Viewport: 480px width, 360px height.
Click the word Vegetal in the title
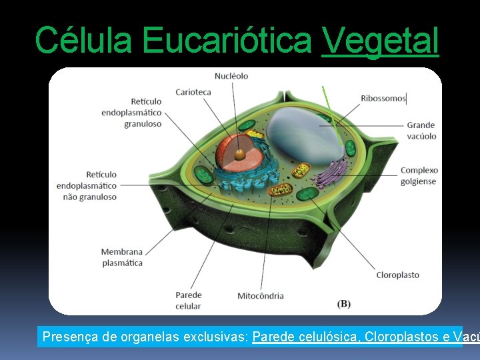coord(380,40)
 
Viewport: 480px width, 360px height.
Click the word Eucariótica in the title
coord(227,40)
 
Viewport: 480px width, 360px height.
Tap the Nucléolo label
coord(231,76)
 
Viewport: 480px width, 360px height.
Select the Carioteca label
coord(193,92)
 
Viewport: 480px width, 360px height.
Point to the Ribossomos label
coord(383,99)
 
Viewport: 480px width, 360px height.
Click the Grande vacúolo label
coord(421,131)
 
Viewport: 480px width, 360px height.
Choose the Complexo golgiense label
coord(419,175)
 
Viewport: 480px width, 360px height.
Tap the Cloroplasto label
coord(397,275)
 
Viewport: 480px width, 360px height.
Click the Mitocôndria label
coord(261,295)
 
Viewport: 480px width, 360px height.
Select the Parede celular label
coord(188,301)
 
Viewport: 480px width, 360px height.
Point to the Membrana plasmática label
coord(122,257)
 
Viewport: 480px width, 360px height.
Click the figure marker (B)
coord(344,303)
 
